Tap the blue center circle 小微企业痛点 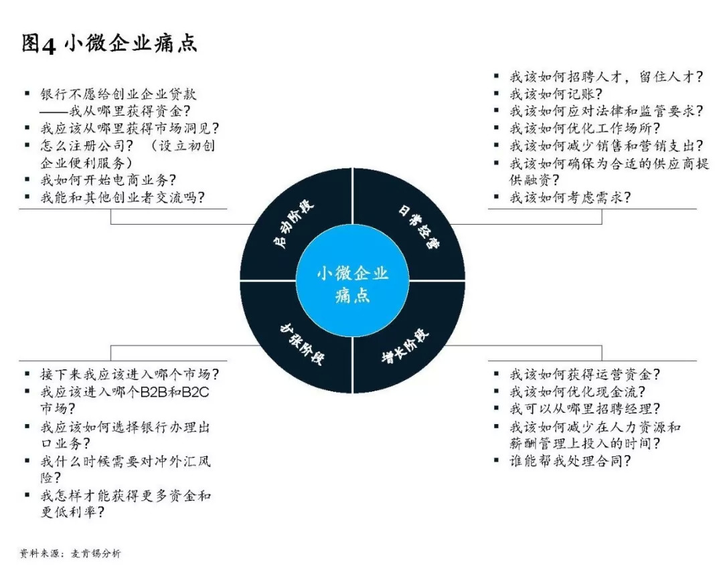tap(352, 284)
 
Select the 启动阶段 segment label tap(295, 227)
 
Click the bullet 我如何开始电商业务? tap(108, 179)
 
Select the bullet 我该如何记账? tap(556, 94)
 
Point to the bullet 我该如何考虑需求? tap(570, 197)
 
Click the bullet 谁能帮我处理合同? tap(570, 461)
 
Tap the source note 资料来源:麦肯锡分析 tap(70, 554)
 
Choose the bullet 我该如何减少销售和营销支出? tap(607, 145)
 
